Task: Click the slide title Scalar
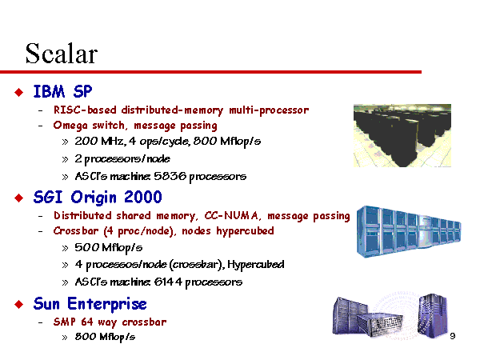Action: pos(62,54)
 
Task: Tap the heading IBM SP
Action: pos(62,91)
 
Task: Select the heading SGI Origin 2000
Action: pos(98,198)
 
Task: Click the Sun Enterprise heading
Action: pos(90,304)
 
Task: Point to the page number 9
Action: pos(453,336)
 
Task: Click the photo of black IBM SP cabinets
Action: pos(402,136)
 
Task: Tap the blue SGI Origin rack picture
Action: pos(409,232)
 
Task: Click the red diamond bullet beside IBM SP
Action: pos(19,92)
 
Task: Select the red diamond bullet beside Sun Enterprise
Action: pos(19,304)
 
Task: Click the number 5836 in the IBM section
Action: pos(170,176)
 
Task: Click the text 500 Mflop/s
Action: pos(109,248)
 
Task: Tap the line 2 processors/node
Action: pos(122,159)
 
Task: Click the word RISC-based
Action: pos(85,110)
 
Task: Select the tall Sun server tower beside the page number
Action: pos(433,315)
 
